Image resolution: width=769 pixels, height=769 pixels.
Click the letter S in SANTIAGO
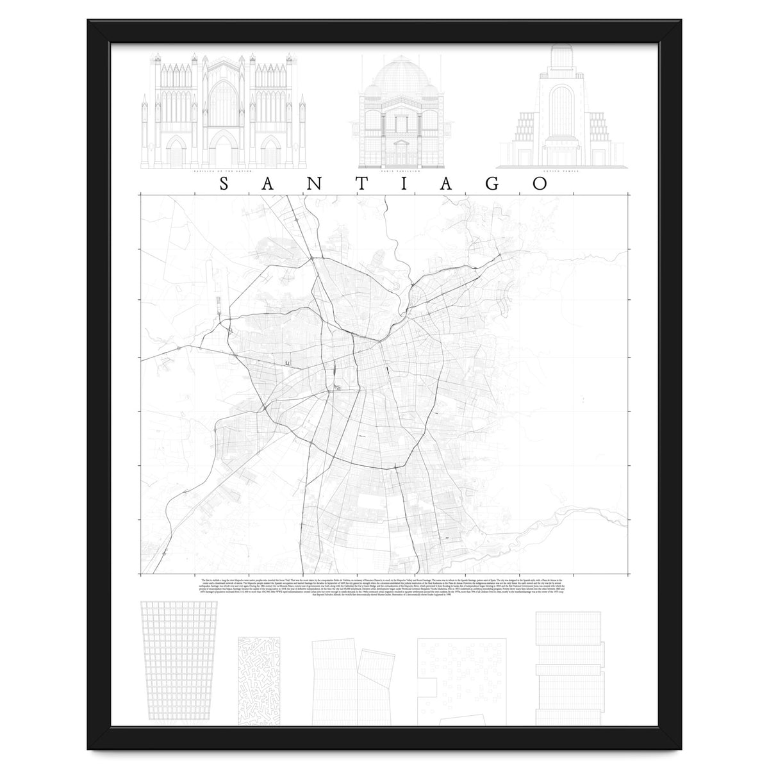pos(224,184)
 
